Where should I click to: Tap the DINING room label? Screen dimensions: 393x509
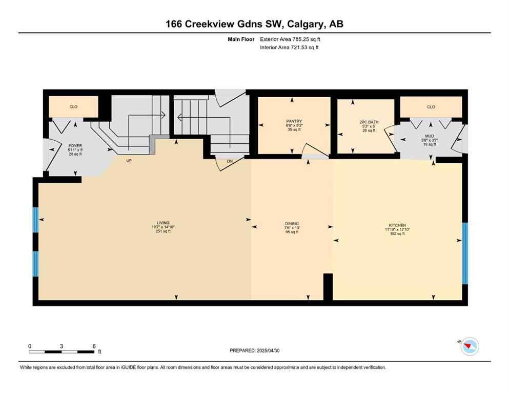click(x=292, y=224)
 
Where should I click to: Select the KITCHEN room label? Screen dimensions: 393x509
click(x=397, y=225)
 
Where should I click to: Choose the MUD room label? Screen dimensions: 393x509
click(x=429, y=136)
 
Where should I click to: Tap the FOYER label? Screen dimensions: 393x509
click(x=75, y=146)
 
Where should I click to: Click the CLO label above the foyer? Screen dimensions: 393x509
click(x=73, y=107)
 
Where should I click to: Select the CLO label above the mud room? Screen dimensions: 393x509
click(x=431, y=107)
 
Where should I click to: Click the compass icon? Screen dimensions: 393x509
click(x=469, y=347)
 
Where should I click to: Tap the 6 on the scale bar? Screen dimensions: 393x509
click(x=93, y=346)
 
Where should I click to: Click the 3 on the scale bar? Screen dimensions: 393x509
click(x=61, y=346)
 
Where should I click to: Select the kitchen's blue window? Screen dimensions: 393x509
click(x=465, y=253)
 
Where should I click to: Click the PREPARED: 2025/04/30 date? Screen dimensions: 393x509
click(x=254, y=351)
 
